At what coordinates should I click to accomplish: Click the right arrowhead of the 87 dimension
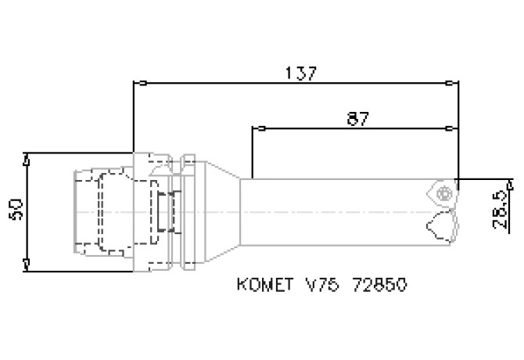click(x=451, y=127)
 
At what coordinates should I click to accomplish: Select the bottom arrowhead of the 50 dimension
click(x=27, y=265)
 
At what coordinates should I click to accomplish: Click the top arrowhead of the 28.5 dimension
click(x=510, y=184)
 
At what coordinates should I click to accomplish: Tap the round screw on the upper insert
click(x=446, y=193)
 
